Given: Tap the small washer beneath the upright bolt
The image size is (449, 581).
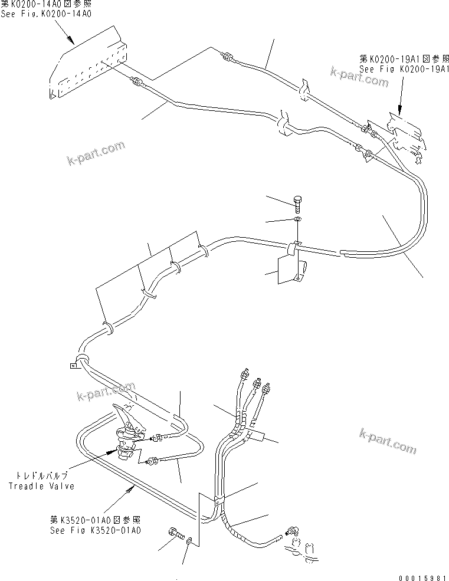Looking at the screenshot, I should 298,219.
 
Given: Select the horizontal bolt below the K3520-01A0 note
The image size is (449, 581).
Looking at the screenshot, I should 176,534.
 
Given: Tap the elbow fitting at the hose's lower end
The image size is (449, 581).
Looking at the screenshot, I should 290,533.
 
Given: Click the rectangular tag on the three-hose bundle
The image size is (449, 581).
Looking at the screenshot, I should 255,437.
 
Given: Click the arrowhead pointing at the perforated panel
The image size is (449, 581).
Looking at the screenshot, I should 73,42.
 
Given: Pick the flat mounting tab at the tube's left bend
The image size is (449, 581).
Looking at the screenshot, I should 71,366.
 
